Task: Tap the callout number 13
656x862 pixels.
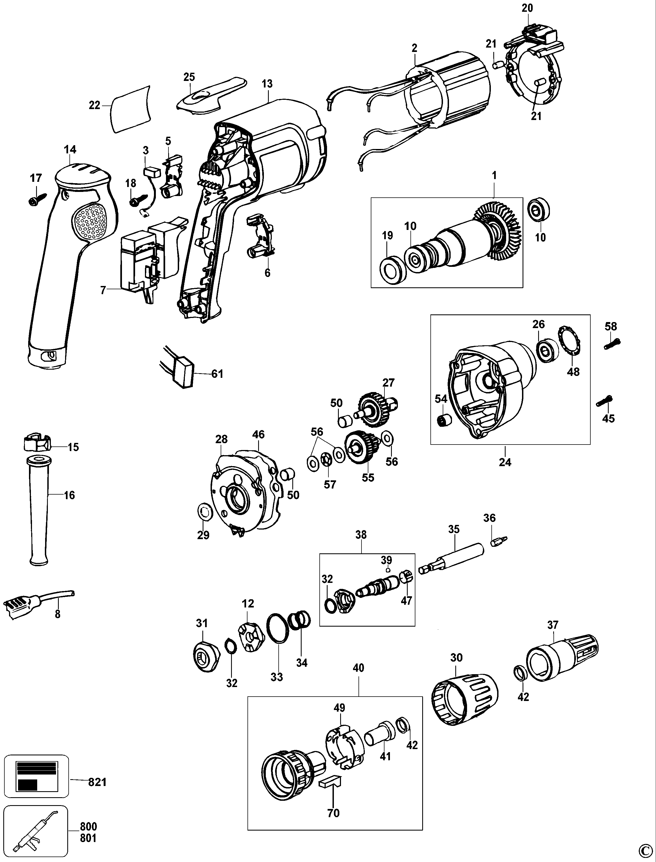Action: click(x=267, y=84)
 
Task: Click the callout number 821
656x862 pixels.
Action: click(x=97, y=782)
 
